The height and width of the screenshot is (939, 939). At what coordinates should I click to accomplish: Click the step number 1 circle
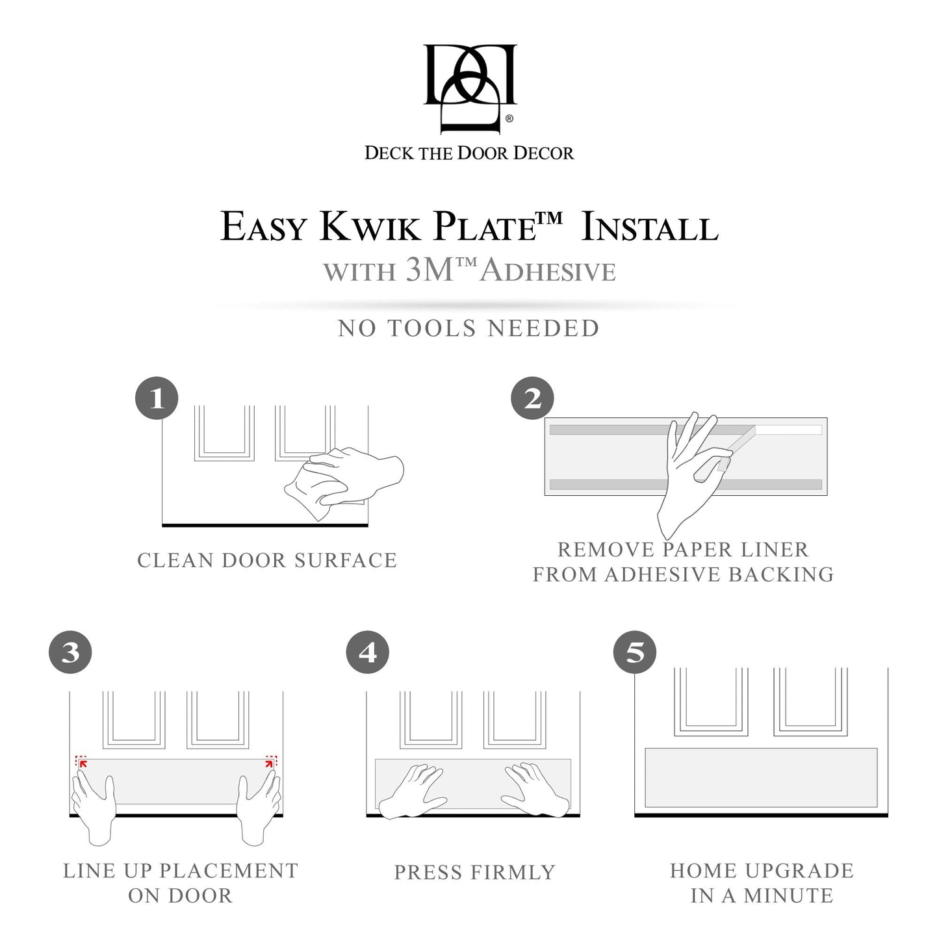point(157,398)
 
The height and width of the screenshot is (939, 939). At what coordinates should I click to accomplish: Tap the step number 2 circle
point(532,398)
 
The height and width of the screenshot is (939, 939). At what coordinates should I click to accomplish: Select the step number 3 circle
point(71,652)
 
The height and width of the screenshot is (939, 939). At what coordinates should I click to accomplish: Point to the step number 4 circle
point(368,652)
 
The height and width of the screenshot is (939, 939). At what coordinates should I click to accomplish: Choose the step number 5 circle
point(635,652)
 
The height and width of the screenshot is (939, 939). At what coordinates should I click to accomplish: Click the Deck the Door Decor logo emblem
point(470,89)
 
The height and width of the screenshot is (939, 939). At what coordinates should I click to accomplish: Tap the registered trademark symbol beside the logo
point(509,118)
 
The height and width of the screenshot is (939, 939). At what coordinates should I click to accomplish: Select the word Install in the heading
point(650,227)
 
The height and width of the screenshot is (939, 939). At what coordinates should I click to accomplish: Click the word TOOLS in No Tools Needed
point(431,328)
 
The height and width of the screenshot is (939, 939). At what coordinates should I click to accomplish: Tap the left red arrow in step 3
point(83,763)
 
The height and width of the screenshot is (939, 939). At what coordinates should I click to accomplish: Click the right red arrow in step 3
point(269,763)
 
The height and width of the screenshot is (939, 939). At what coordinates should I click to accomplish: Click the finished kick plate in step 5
point(761,777)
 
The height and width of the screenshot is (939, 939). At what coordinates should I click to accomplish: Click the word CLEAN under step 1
point(175,560)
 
